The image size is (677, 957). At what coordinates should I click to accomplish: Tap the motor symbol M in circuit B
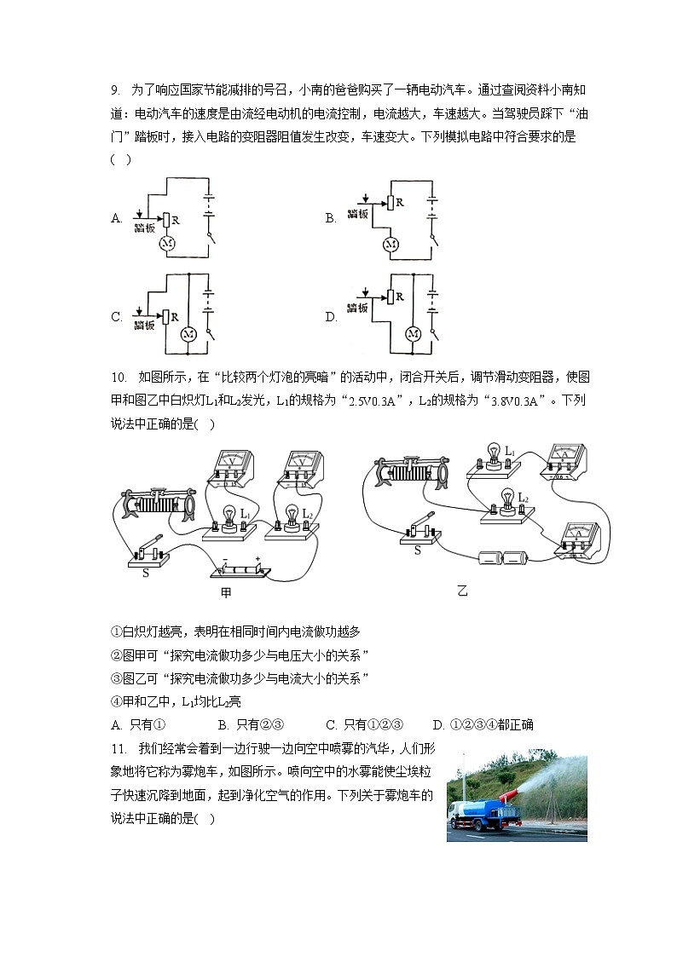click(x=391, y=245)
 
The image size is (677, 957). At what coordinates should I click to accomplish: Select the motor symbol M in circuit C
click(x=188, y=333)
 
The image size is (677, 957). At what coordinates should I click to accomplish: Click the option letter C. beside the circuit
click(x=117, y=317)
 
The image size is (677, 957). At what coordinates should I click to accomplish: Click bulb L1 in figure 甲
click(x=229, y=517)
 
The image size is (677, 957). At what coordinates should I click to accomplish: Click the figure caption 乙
click(x=462, y=591)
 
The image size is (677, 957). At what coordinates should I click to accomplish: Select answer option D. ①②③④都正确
click(x=483, y=724)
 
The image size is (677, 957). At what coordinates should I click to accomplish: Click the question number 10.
click(x=119, y=378)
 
